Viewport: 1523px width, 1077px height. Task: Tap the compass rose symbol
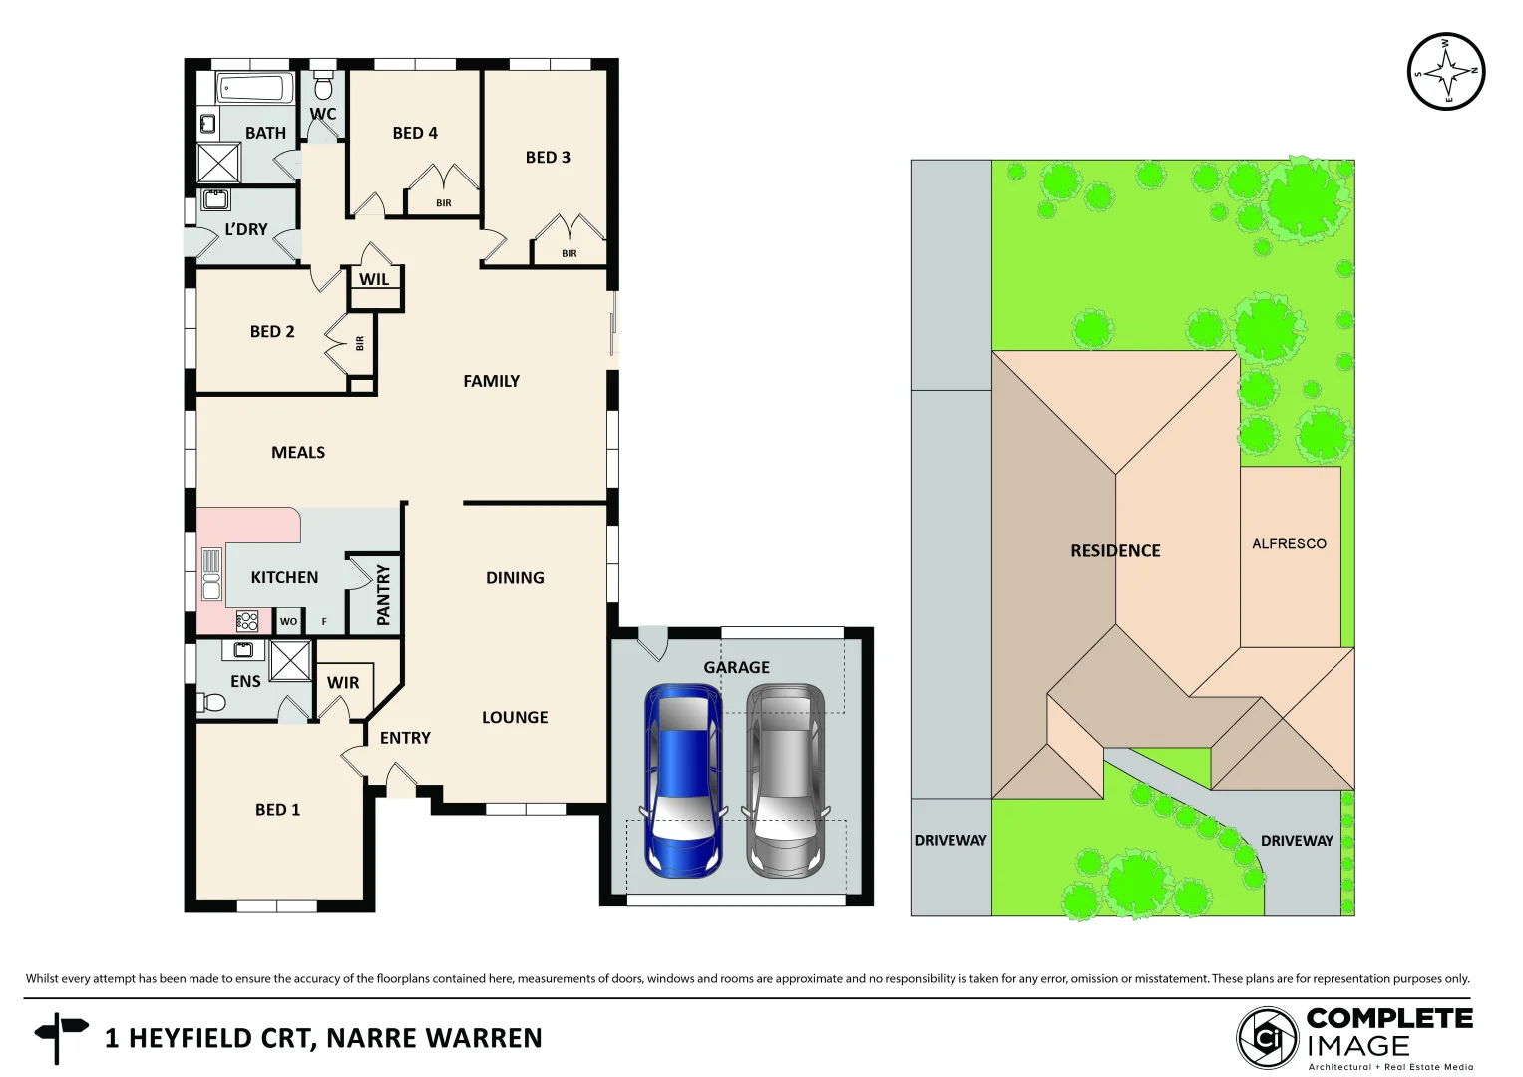(x=1446, y=72)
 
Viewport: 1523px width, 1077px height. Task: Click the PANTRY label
(x=383, y=595)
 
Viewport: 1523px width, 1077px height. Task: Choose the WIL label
(x=374, y=280)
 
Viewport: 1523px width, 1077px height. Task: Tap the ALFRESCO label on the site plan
(x=1289, y=544)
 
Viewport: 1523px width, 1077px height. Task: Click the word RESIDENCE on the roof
(x=1115, y=551)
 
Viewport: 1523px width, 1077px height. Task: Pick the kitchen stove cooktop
(x=247, y=622)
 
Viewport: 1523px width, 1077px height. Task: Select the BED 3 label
(x=548, y=158)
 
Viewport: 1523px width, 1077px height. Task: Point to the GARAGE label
(x=736, y=668)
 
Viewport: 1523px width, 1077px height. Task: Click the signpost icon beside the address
(x=60, y=1036)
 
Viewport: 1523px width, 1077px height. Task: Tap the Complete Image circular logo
(x=1268, y=1038)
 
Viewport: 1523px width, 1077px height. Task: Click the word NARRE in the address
(x=374, y=1039)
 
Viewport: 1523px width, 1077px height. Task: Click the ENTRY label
(x=405, y=739)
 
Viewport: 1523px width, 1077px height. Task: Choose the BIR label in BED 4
(x=444, y=203)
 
